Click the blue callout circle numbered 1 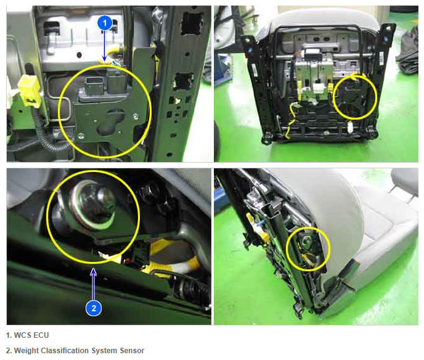click(x=105, y=23)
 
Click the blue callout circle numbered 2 click(x=94, y=308)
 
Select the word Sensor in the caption click(x=132, y=351)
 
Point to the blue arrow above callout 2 click(x=94, y=284)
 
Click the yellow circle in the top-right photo click(x=333, y=97)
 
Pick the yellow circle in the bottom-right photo click(x=287, y=249)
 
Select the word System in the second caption click(x=104, y=351)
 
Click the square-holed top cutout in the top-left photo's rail click(x=192, y=23)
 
